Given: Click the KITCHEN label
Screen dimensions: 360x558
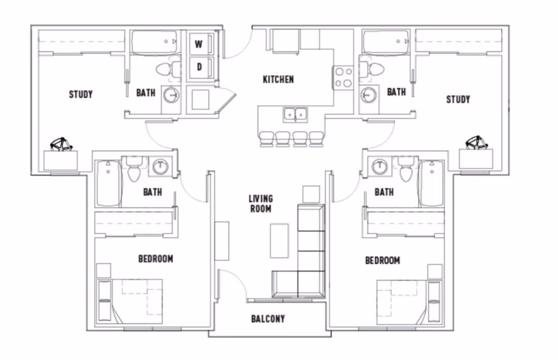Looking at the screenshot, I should coord(278,80).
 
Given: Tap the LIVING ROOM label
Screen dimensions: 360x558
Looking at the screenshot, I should coord(261,203).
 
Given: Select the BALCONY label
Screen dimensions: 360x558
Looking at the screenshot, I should coord(268,319).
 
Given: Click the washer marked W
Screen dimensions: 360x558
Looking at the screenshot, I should coord(198,44).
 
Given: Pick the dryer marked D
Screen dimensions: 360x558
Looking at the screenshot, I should coord(198,67).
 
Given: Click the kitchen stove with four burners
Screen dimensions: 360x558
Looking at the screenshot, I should coord(343,77).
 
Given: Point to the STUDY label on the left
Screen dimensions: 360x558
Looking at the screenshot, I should coord(81,94).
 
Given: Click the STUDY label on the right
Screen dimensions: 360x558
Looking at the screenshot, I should coord(458,99).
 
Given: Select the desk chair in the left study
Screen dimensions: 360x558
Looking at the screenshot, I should coord(62,144).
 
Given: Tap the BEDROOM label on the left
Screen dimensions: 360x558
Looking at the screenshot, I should coord(156,259).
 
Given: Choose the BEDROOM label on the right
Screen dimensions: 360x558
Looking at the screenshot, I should coord(382,261).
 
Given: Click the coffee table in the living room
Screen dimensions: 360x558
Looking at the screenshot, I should coord(279,240).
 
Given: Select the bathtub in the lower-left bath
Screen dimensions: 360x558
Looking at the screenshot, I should coord(108,183).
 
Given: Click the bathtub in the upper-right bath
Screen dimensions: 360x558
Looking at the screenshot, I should coord(386,42).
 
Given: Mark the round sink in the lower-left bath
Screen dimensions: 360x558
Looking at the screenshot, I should coord(160,167).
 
